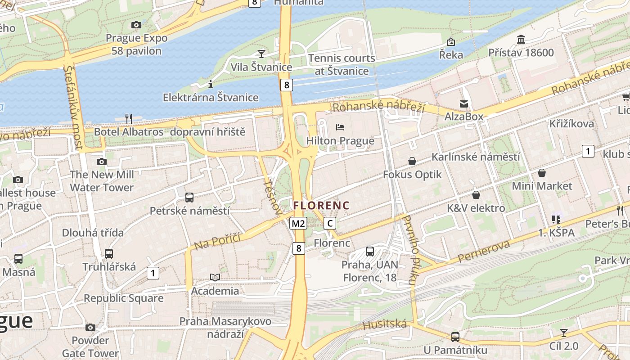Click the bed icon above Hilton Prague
coord(340,127)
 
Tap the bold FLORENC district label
coord(321,205)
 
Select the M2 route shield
coord(298,223)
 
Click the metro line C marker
coord(330,223)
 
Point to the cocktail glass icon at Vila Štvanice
coord(261,54)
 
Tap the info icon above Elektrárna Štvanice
coord(210,84)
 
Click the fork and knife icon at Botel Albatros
coord(129,119)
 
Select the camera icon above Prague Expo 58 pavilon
coord(136,25)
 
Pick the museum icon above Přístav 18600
coord(521,40)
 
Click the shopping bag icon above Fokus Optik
coord(412,161)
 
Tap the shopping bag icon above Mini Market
coord(542,173)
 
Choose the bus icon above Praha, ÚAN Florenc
coord(369,251)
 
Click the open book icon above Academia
coord(215,277)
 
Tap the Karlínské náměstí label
coord(476,157)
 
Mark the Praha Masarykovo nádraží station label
coord(225,328)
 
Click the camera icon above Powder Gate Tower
coord(90,327)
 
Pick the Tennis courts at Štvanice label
coord(342,64)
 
